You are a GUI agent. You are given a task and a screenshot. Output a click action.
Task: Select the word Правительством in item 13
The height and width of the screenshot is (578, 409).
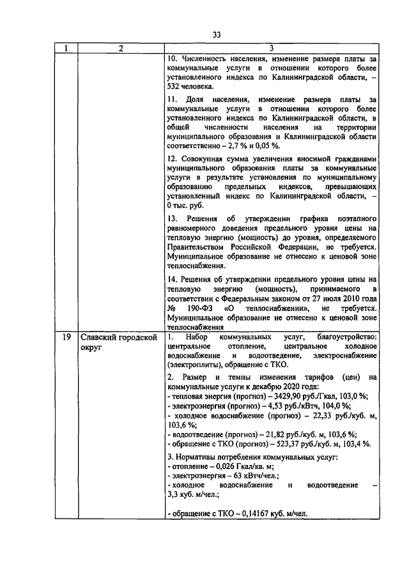pos(196,246)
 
